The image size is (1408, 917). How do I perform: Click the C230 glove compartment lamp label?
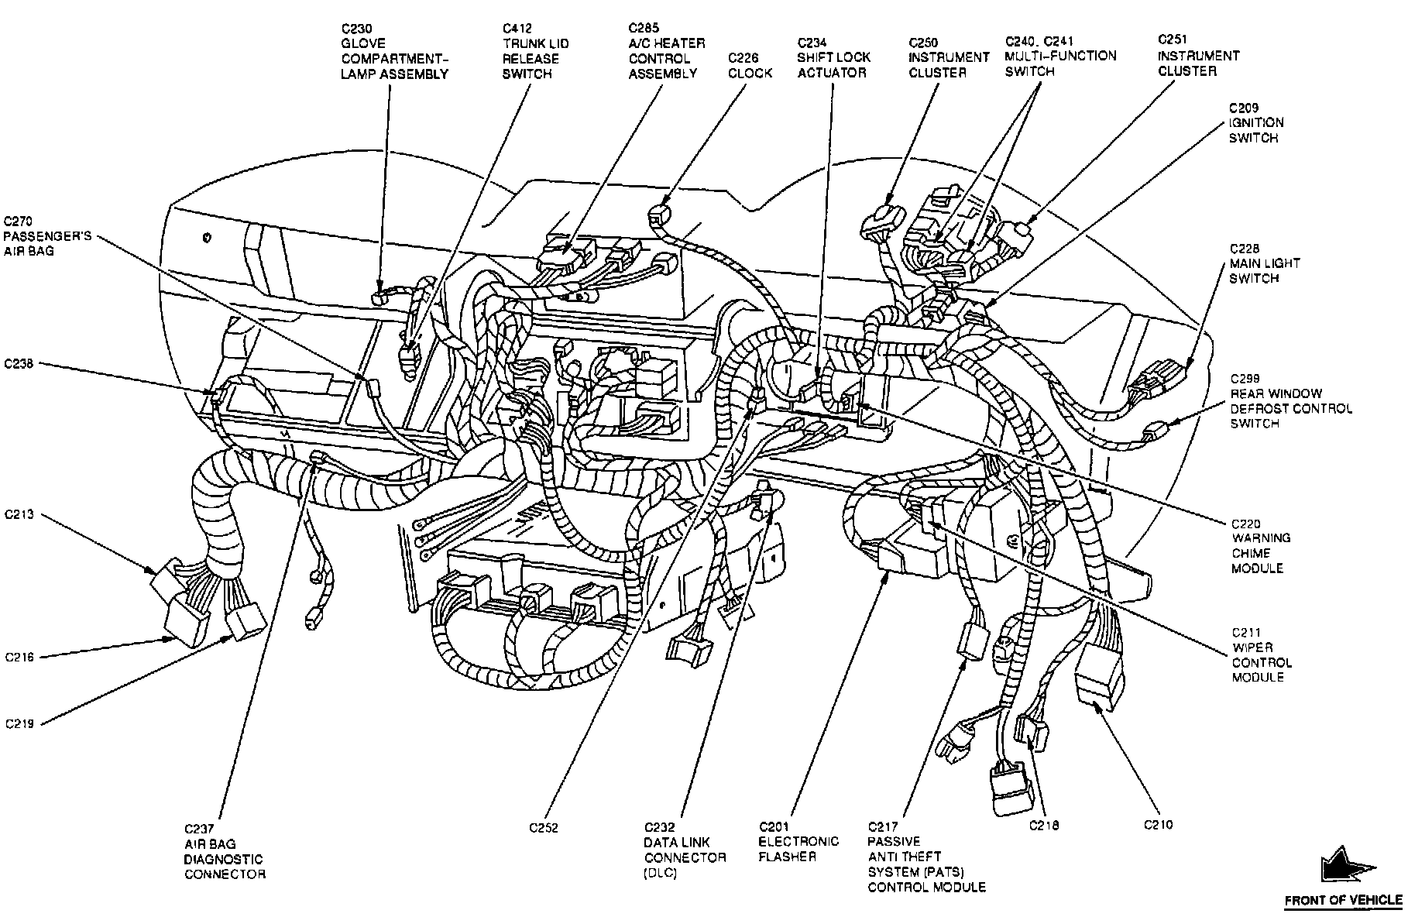pyautogui.click(x=394, y=51)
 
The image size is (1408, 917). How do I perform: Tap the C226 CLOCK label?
pyautogui.click(x=750, y=65)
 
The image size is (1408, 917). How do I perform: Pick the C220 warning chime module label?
pyautogui.click(x=1260, y=545)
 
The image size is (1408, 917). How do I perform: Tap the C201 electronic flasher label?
pyautogui.click(x=798, y=842)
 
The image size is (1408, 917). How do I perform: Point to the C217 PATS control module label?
pyautogui.click(x=926, y=857)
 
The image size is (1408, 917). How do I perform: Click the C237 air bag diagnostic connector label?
pyautogui.click(x=224, y=851)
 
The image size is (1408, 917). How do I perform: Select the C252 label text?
pyautogui.click(x=544, y=827)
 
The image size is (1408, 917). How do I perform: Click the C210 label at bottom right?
pyautogui.click(x=1158, y=825)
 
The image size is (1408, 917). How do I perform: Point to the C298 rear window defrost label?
pyautogui.click(x=1291, y=408)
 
